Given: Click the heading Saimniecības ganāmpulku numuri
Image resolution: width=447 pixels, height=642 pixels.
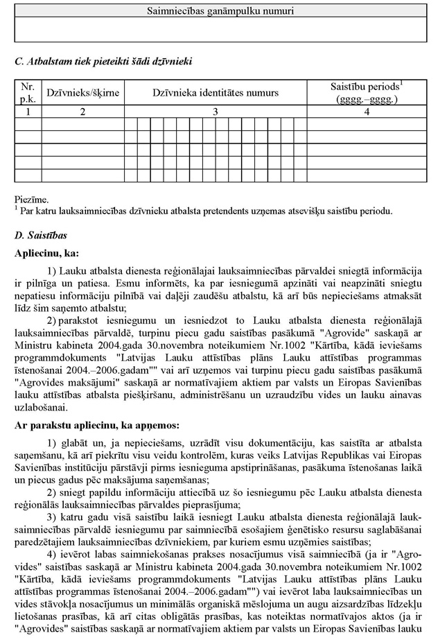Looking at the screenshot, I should coord(220,11).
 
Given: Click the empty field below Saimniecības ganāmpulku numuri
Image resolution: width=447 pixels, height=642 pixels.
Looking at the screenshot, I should coord(220,29).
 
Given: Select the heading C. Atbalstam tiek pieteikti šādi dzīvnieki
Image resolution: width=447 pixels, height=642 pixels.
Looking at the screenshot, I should coord(103,62).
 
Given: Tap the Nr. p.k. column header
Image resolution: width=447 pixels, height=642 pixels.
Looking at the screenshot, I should coord(28,92).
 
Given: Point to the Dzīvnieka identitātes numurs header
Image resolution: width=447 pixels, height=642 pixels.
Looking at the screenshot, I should coord(216,92).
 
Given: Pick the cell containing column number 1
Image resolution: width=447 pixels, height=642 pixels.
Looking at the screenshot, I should coord(28,111).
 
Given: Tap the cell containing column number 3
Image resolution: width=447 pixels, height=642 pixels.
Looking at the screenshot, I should coord(216,111).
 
